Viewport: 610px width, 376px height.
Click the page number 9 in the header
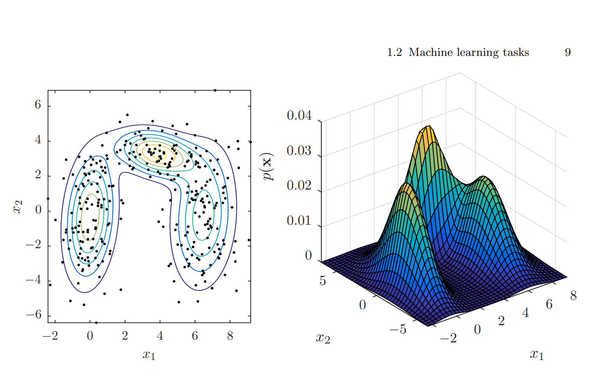coord(568,52)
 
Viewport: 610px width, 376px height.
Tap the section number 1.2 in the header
coord(394,52)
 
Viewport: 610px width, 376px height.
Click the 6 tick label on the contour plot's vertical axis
coord(38,105)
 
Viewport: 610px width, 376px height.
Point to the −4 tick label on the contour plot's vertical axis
coord(34,280)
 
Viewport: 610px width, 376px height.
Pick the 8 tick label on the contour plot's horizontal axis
coord(230,336)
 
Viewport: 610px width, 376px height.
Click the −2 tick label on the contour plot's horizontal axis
coord(51,336)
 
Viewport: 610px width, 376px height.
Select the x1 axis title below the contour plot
coord(149,355)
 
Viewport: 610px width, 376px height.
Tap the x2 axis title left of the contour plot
coord(18,207)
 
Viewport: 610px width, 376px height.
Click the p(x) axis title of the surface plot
coord(268,167)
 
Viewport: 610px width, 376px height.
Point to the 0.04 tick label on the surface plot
coord(299,115)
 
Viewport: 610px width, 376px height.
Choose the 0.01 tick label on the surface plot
coord(299,220)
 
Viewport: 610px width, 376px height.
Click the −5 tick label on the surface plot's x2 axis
coord(398,329)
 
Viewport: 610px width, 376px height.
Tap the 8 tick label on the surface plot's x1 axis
coord(573,295)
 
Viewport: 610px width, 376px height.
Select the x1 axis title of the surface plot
coord(537,354)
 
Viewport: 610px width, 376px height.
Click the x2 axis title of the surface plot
coord(323,338)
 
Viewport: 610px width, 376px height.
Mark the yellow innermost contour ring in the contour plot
coord(159,153)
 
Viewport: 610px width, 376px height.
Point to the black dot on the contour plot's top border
coord(215,90)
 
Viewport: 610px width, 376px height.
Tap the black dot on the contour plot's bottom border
coord(96,323)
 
